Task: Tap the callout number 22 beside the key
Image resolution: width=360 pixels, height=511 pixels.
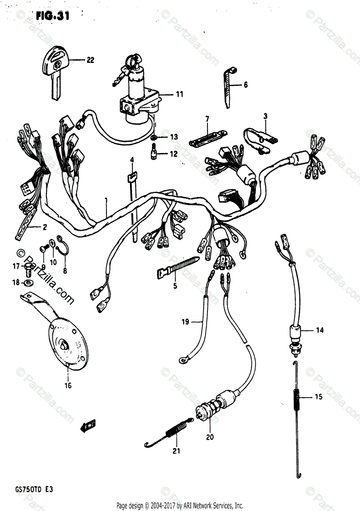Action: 90,60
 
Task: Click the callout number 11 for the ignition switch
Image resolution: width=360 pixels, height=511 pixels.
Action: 179,94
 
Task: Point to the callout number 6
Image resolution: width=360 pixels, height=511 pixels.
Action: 245,85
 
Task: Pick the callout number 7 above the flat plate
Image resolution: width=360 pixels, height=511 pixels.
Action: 207,118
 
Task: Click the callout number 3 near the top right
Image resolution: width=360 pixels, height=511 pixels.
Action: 265,115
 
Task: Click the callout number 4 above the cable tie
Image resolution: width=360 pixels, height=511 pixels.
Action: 132,160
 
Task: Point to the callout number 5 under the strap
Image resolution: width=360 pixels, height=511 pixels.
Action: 175,286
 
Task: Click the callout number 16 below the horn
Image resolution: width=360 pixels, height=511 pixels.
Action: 68,386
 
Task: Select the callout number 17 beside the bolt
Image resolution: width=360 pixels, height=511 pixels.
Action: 16,267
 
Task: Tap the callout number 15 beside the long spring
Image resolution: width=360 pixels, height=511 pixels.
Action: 319,397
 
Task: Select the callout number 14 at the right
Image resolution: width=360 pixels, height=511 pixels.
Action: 320,330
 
